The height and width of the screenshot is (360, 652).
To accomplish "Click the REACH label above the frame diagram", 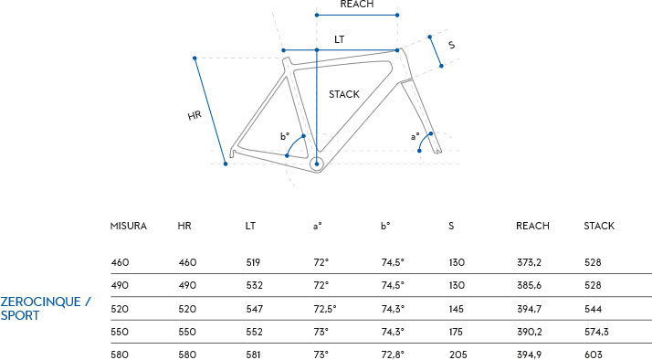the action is click(357, 5).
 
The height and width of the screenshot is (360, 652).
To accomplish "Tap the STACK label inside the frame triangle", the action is click(344, 94).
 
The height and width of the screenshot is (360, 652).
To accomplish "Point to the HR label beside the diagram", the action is click(195, 115).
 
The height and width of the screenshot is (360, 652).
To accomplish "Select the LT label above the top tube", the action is click(340, 39).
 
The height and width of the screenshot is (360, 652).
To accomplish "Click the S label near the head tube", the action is click(452, 45).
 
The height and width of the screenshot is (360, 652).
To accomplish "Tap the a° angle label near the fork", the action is click(415, 136).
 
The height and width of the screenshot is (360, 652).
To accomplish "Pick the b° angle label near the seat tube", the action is click(284, 136).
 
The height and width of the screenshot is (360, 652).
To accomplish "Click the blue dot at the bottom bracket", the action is click(317, 164).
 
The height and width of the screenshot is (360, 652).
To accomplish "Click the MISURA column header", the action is click(129, 226).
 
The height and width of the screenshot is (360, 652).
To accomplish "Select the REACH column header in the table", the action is click(532, 226).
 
